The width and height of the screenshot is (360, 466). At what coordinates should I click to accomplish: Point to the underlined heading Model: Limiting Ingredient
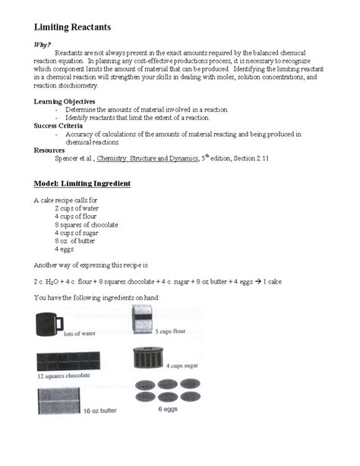83,184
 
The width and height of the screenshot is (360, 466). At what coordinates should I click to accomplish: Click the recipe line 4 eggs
64,249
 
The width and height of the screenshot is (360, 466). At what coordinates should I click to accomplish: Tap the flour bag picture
144,319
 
